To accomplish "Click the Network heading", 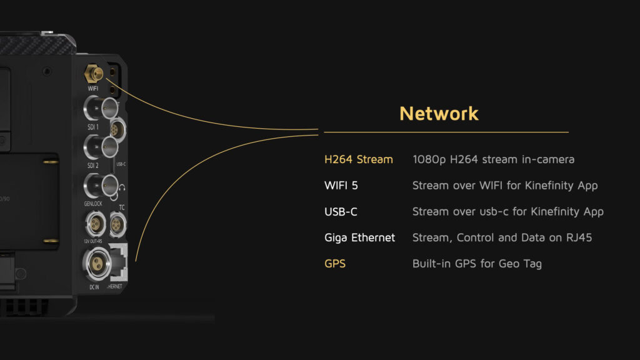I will point(439,113).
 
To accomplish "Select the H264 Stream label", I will point(358,159).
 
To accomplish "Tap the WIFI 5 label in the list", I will point(341,186).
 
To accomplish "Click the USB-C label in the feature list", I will point(341,212).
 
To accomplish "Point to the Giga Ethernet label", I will point(359,237).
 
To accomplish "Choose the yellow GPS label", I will point(335,264).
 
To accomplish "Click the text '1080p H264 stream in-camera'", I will point(493,159).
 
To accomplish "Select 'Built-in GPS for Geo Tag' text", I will point(477,264).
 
